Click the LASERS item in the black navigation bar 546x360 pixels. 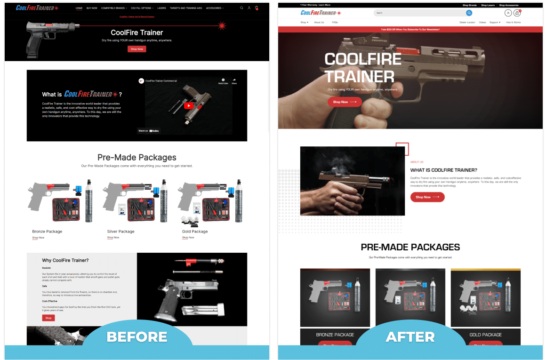(x=161, y=8)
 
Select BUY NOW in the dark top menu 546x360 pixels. (x=92, y=8)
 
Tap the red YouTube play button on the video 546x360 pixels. (x=188, y=105)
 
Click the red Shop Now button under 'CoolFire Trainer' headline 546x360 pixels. (x=137, y=49)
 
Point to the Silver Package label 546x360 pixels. (x=120, y=232)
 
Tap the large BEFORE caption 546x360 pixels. (x=137, y=337)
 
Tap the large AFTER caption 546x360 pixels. (x=410, y=337)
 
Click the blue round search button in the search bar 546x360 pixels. (x=469, y=13)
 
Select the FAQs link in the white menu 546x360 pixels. (x=335, y=22)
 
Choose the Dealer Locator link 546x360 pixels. (x=467, y=22)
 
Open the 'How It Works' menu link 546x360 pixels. (x=513, y=22)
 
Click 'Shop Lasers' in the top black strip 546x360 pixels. (x=488, y=5)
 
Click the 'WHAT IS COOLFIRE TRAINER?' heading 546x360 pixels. (x=443, y=170)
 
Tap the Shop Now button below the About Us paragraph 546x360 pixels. (x=427, y=197)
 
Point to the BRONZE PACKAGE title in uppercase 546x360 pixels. (x=335, y=335)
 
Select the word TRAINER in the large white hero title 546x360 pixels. (x=360, y=76)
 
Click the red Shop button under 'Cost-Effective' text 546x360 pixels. (x=48, y=318)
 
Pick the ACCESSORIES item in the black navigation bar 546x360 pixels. (x=215, y=8)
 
